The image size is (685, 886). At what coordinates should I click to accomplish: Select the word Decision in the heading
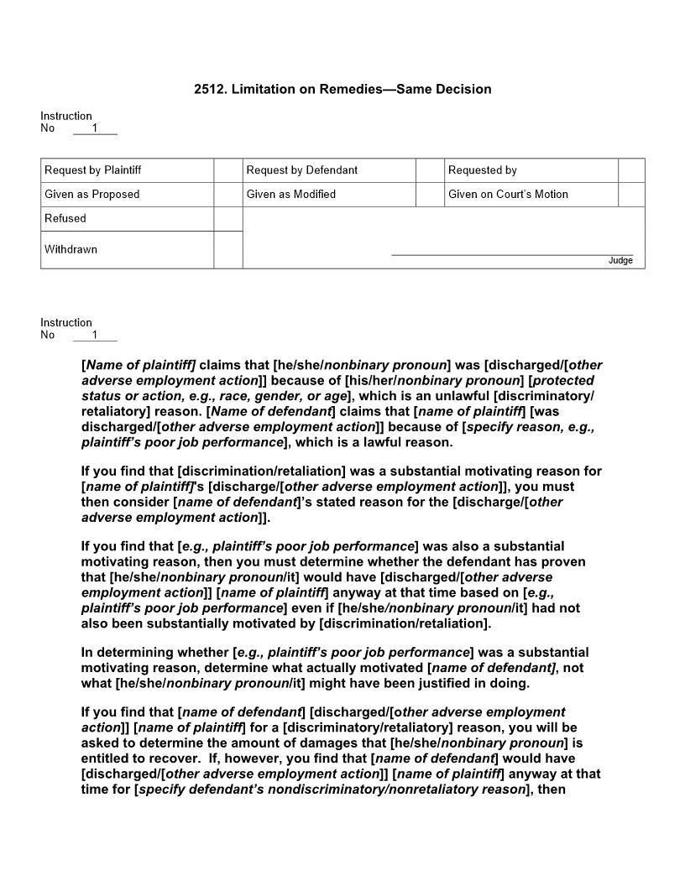[462, 89]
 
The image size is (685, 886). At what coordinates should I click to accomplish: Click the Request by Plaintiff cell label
[93, 170]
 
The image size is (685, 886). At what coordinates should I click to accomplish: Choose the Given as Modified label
[291, 195]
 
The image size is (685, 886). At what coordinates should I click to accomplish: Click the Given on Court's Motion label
[508, 195]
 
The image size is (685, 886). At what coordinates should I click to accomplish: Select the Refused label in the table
[65, 219]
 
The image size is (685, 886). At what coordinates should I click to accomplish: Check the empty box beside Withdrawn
[227, 250]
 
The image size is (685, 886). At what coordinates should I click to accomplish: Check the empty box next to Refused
[227, 219]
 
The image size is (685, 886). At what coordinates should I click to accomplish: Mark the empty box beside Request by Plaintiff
[227, 170]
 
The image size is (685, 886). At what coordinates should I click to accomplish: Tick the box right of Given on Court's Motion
[631, 195]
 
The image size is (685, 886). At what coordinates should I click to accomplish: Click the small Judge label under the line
[620, 261]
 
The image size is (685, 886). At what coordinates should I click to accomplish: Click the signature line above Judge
[512, 254]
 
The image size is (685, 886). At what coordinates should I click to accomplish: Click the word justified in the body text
[447, 683]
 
